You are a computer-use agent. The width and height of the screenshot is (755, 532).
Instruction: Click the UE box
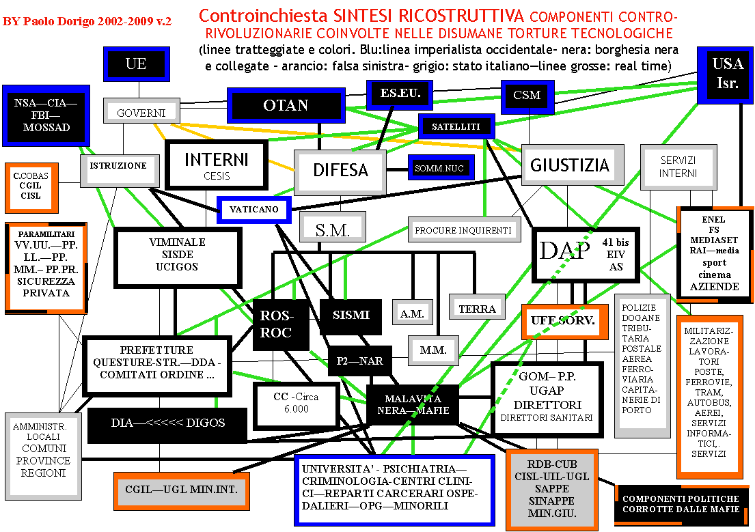coord(136,64)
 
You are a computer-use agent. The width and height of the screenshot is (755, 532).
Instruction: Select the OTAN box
coord(286,105)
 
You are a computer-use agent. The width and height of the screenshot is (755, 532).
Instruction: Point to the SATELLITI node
coord(456,127)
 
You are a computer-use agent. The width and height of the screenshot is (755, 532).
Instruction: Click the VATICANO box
coord(254,210)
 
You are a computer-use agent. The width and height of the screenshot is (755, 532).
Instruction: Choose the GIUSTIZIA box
coord(570,165)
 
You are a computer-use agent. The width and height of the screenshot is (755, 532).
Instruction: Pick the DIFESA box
coord(340,171)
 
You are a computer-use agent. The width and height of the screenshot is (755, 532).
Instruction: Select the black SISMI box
coord(351,315)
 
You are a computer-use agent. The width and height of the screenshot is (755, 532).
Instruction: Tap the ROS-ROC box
coord(276,324)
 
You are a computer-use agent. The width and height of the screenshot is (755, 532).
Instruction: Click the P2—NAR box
coord(359,361)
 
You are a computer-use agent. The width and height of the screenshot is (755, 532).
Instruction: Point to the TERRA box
coord(477,309)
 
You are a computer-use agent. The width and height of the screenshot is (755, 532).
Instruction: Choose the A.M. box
coord(413,313)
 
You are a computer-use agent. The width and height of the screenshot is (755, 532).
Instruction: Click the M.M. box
coord(433,350)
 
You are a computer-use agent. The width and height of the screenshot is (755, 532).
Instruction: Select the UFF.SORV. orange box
coord(564,320)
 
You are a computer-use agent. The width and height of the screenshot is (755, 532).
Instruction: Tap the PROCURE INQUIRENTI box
coord(463,231)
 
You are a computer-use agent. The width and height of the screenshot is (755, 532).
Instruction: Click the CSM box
coord(526,95)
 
